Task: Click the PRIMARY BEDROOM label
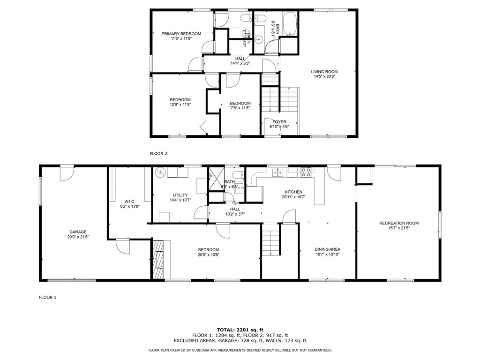(x=181, y=34)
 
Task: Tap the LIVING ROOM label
(x=324, y=72)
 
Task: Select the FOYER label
(x=279, y=122)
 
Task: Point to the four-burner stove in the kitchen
(x=306, y=172)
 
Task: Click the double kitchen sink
(x=278, y=172)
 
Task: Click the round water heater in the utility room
(x=160, y=172)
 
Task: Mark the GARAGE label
(x=78, y=232)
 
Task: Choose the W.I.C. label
(x=130, y=201)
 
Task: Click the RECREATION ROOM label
(x=398, y=223)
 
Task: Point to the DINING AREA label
(x=327, y=249)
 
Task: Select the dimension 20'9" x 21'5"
(x=78, y=237)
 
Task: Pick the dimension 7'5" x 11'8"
(x=240, y=108)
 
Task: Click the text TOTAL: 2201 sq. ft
(x=240, y=330)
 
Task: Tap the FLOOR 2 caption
(x=158, y=153)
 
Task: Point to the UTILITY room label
(x=180, y=195)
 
